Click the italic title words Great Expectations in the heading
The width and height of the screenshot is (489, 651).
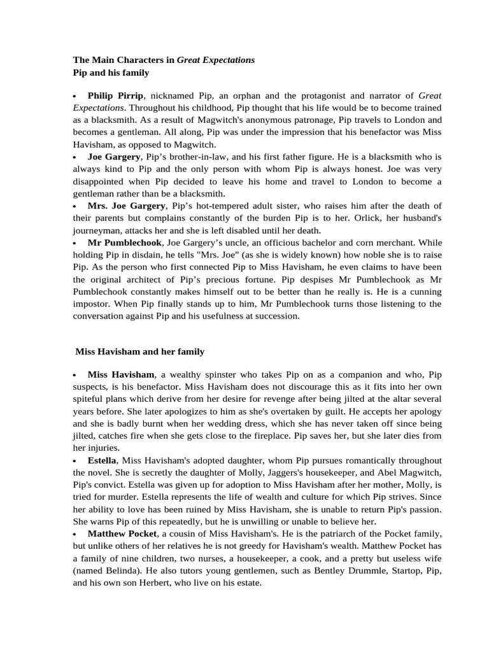pyautogui.click(x=215, y=60)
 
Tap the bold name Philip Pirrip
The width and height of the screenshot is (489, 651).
pyautogui.click(x=115, y=95)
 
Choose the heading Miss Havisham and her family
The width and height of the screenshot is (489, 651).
pyautogui.click(x=139, y=351)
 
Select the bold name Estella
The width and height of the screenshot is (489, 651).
pyautogui.click(x=102, y=460)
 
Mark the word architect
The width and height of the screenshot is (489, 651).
pyautogui.click(x=132, y=279)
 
